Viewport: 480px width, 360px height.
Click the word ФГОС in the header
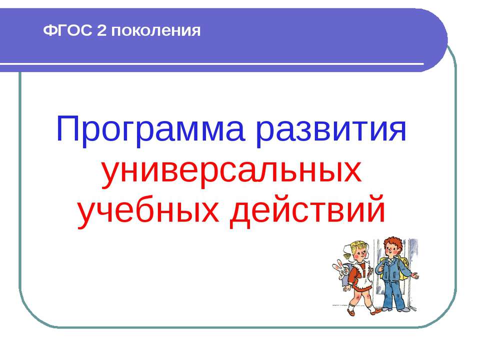tap(67, 30)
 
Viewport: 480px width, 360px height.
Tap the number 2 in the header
tap(101, 30)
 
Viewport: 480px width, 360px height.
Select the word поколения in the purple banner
tap(156, 31)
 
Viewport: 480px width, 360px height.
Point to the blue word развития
tap(331, 130)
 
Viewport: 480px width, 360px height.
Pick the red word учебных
tap(148, 211)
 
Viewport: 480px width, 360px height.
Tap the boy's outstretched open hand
tap(414, 275)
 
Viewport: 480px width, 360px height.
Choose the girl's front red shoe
tap(351, 312)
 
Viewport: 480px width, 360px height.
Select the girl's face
tap(360, 254)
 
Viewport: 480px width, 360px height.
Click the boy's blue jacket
tap(392, 269)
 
